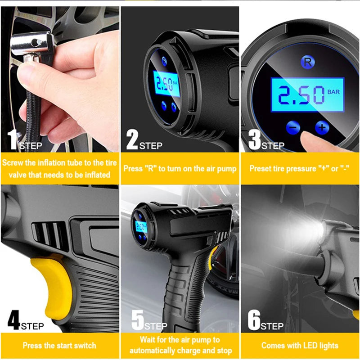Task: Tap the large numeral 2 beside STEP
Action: [x=132, y=140]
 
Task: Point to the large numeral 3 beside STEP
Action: [x=254, y=140]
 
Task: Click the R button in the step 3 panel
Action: [x=307, y=63]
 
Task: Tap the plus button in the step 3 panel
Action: [x=322, y=127]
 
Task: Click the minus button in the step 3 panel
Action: [x=292, y=128]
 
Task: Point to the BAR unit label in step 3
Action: [x=333, y=92]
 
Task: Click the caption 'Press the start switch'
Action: [x=59, y=346]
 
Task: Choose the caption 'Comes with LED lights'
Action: [x=300, y=346]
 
